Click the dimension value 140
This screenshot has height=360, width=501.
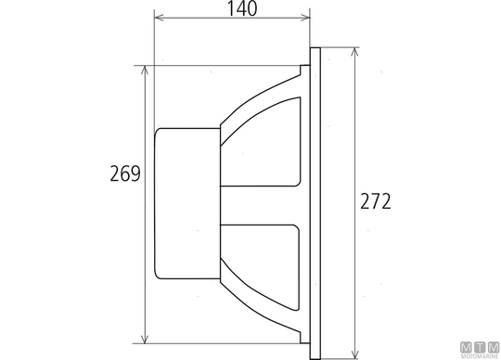[242, 9]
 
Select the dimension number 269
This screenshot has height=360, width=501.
[125, 174]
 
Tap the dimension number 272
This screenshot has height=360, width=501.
[376, 201]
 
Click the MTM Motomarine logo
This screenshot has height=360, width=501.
[480, 351]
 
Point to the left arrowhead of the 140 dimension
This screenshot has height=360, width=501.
[159, 18]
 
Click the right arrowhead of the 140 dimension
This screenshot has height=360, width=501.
[306, 18]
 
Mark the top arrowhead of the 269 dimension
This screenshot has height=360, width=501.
[145, 71]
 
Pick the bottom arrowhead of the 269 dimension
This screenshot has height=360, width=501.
[145, 339]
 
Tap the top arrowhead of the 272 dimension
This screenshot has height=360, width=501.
[354, 52]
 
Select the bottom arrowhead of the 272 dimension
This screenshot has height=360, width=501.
[354, 354]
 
